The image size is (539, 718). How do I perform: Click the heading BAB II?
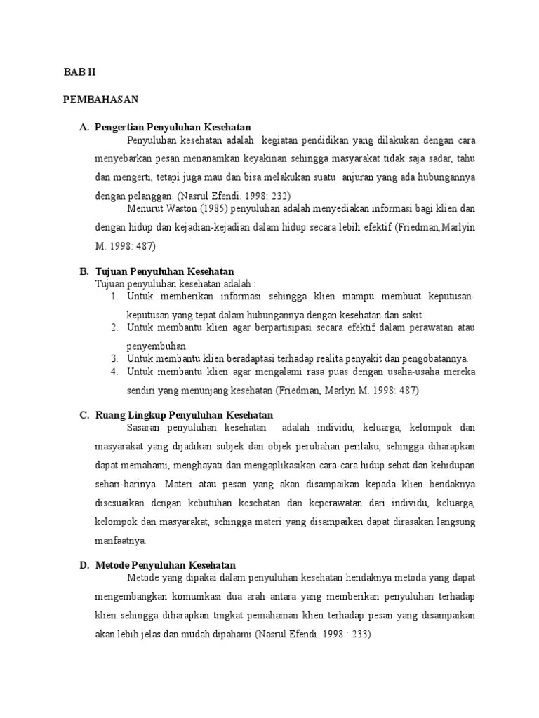point(79,72)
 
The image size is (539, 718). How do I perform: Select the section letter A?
point(84,128)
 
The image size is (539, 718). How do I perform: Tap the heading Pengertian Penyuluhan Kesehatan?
point(173,128)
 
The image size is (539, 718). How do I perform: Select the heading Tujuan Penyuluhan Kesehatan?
point(165,271)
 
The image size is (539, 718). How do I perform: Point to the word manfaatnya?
point(121,541)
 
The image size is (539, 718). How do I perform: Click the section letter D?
point(84,564)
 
